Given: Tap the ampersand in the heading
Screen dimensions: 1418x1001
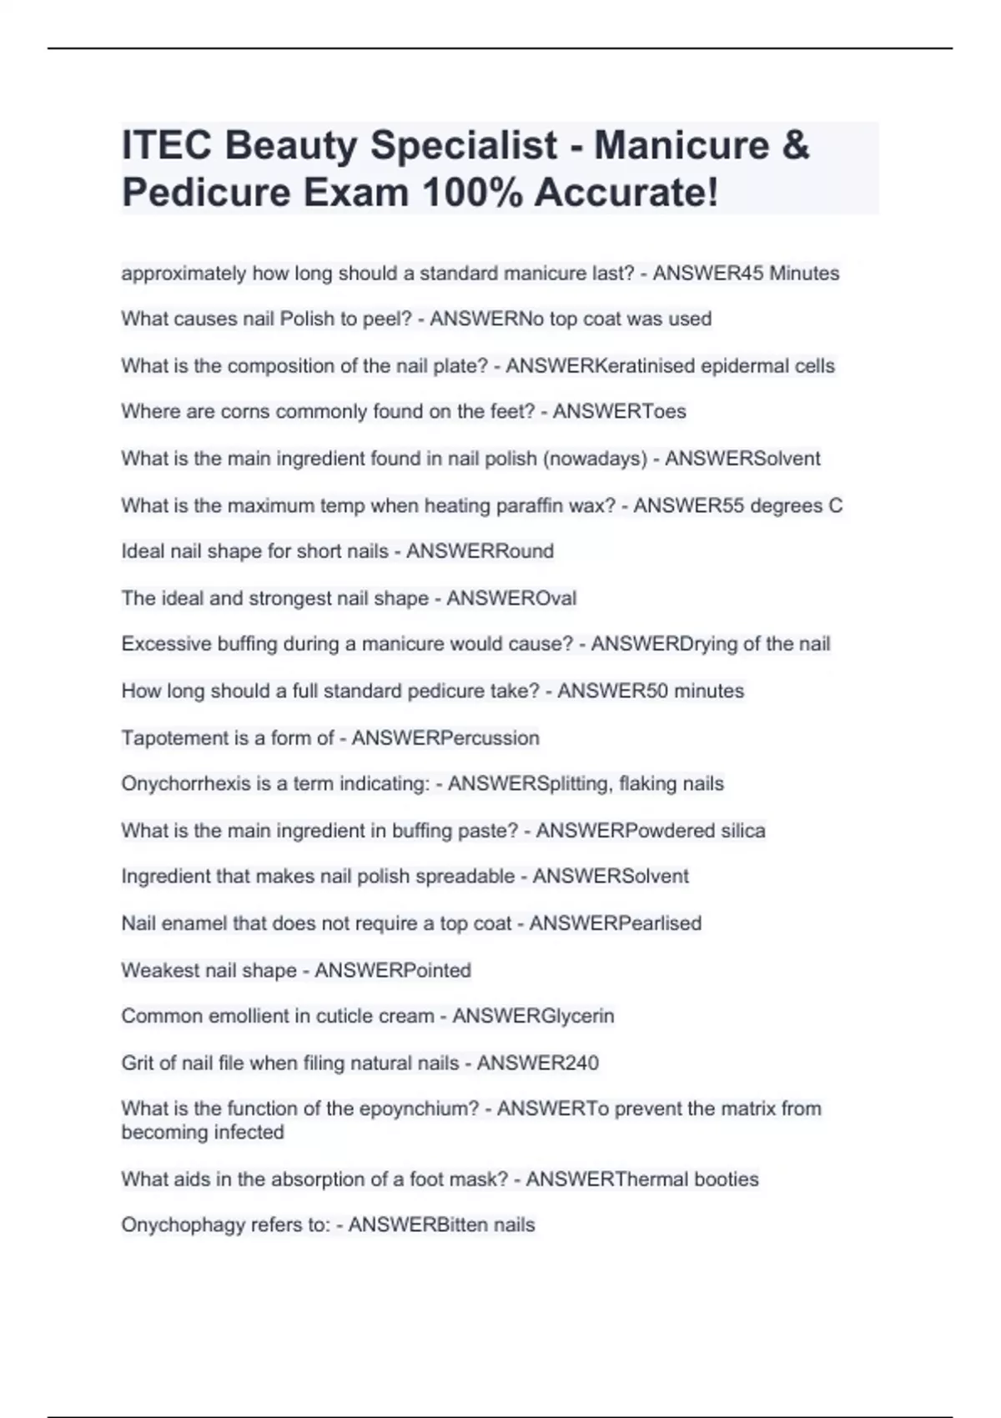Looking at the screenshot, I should (x=796, y=145).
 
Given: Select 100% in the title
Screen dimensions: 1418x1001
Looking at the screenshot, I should (x=472, y=193).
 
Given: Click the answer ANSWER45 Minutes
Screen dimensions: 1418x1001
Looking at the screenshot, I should (x=746, y=274).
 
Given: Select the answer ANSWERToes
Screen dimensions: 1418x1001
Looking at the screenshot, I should (x=619, y=412).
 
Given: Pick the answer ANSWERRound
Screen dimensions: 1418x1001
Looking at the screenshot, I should (x=480, y=551).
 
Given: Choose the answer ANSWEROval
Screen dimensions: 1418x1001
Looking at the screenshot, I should (x=511, y=598).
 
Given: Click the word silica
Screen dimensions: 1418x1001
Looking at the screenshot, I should (x=743, y=831).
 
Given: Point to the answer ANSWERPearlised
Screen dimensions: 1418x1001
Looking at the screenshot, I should (x=615, y=923).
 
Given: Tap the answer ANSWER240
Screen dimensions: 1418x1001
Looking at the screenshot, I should (x=537, y=1063).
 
